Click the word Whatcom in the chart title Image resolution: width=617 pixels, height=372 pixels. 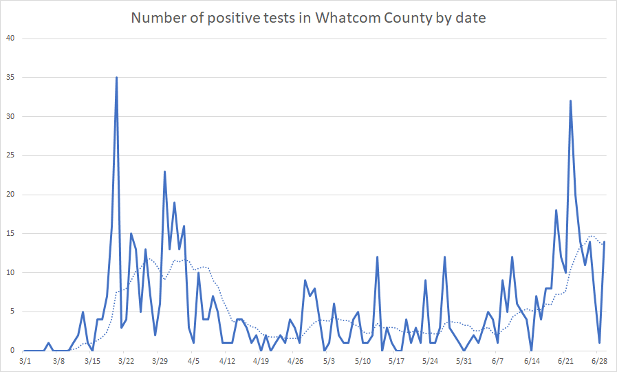coord(346,18)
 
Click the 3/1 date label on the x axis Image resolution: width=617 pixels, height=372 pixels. coord(25,360)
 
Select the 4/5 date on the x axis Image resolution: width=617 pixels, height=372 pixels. coord(193,360)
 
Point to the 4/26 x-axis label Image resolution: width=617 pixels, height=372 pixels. coord(295,360)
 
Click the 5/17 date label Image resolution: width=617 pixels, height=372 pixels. coord(396,360)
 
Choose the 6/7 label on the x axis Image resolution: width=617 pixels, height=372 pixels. coord(497,360)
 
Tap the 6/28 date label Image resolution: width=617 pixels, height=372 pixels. coord(599,360)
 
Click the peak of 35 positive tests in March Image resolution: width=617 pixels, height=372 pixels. coord(116,78)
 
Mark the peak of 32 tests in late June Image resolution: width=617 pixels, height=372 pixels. coord(570,101)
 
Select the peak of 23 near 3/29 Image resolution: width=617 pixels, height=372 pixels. coord(164,171)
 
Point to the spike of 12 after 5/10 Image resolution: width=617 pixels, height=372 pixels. coord(377,257)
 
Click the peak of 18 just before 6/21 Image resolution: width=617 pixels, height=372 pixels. coord(556,210)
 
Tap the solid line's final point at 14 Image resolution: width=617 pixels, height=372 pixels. coord(604,241)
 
